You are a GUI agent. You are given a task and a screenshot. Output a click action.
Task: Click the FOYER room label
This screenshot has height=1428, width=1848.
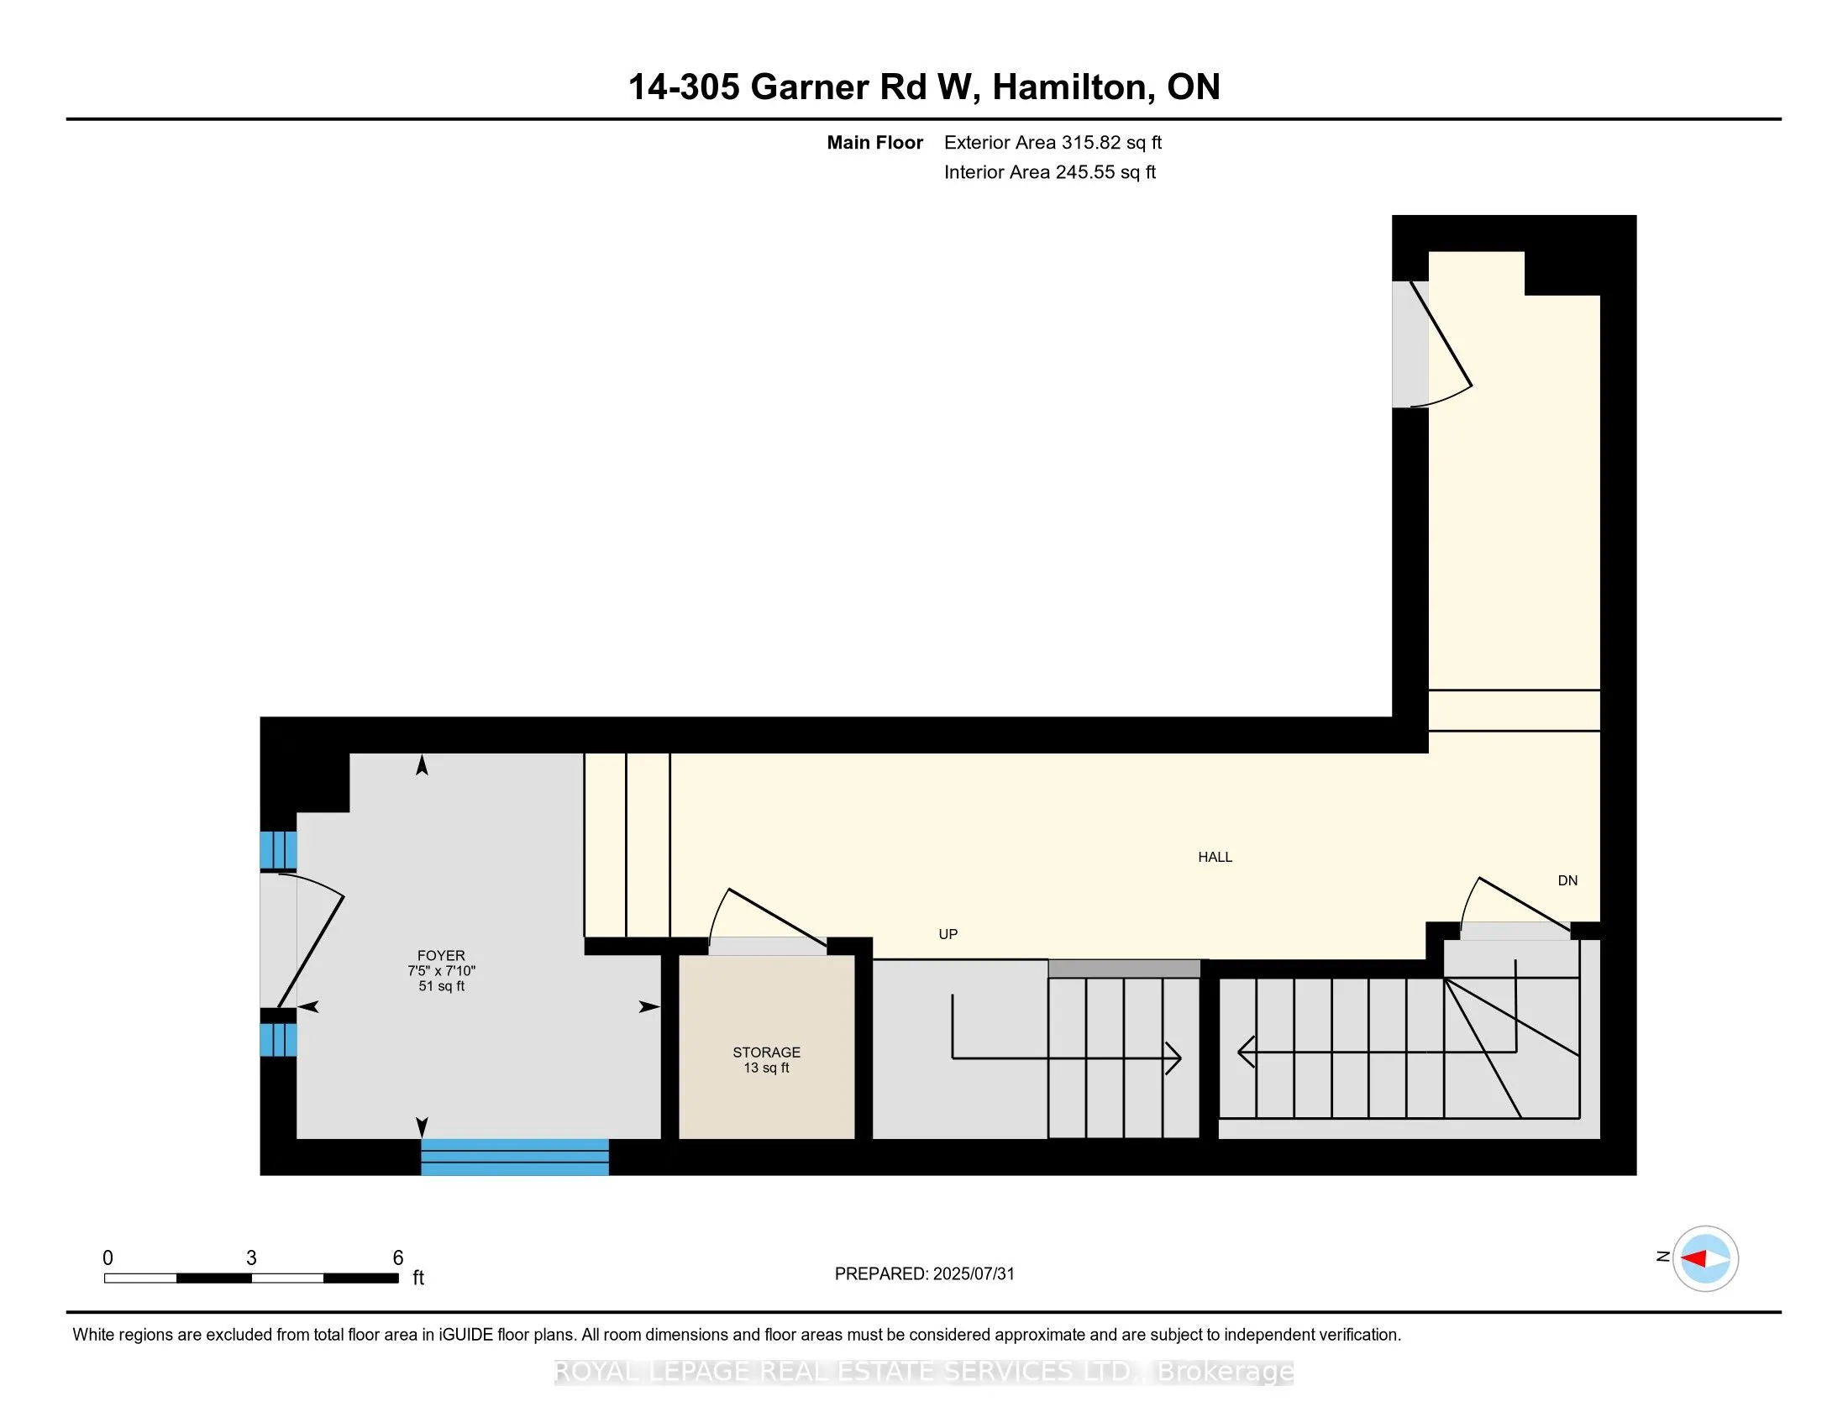click(x=441, y=955)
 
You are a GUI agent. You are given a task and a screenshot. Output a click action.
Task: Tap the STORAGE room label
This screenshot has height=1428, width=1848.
click(x=766, y=1052)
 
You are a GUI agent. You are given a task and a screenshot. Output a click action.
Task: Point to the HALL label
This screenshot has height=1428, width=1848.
click(x=1215, y=857)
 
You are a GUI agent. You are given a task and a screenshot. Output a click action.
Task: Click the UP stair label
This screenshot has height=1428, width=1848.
click(x=948, y=934)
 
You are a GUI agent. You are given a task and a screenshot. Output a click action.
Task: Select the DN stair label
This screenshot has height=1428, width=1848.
click(x=1567, y=880)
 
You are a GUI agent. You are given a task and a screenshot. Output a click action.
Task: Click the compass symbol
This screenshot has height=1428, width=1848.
click(x=1705, y=1258)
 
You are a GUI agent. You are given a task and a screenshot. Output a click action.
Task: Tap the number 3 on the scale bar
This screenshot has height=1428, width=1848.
click(x=251, y=1258)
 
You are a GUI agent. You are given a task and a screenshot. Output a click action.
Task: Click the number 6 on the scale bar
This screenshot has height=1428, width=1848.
click(x=397, y=1258)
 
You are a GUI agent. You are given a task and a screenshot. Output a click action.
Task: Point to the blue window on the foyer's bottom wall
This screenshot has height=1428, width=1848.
click(x=514, y=1157)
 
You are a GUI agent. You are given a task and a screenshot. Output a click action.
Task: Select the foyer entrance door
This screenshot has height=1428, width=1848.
click(x=309, y=939)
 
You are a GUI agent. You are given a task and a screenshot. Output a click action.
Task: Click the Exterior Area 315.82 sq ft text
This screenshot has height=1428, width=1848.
click(x=1053, y=142)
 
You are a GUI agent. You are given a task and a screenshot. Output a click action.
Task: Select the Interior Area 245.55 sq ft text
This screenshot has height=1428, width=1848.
click(x=1049, y=171)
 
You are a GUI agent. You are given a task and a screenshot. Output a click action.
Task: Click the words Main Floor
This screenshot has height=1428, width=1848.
click(x=874, y=142)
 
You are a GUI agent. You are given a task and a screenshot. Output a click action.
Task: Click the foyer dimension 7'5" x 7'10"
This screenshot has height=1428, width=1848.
click(x=441, y=970)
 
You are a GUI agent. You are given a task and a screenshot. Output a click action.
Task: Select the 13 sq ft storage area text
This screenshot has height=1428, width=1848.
click(x=766, y=1068)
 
